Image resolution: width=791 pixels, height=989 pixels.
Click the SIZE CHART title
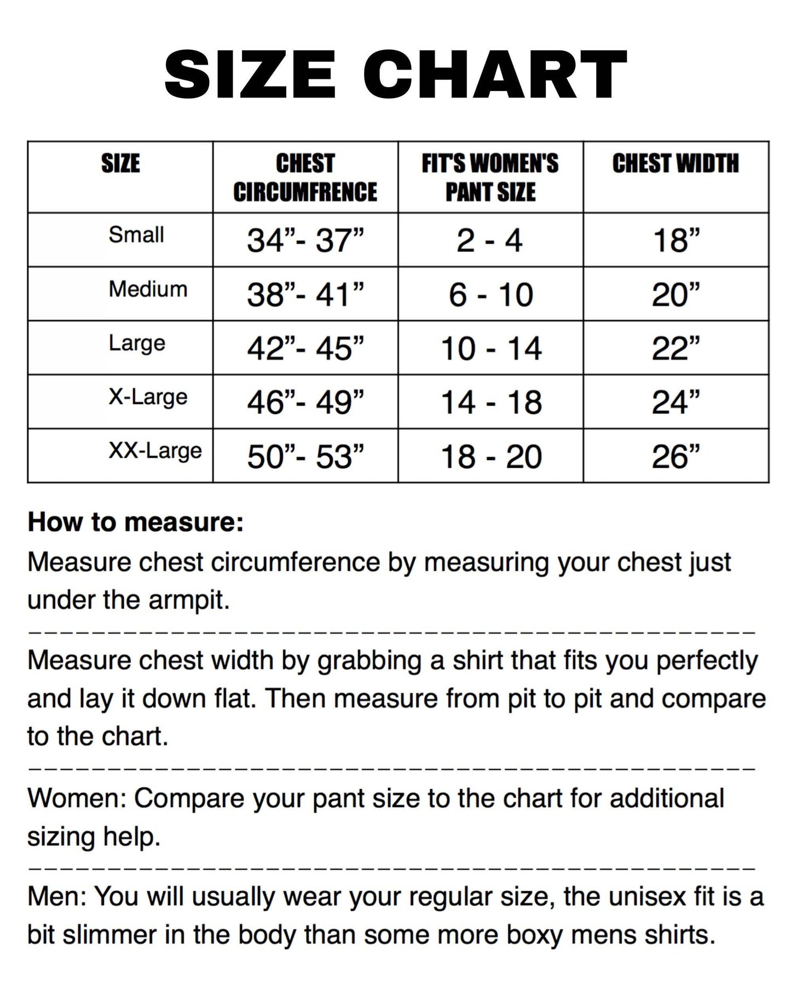(395, 74)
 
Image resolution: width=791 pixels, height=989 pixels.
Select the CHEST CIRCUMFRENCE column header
(305, 178)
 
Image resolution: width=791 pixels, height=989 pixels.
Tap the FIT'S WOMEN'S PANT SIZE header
(490, 178)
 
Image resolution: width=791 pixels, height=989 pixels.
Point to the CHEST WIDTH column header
(675, 164)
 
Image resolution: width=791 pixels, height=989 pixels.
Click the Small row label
(136, 235)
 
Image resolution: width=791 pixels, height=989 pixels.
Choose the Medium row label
(148, 289)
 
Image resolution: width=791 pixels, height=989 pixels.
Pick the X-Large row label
(148, 397)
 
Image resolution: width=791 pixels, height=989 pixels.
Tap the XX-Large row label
(155, 451)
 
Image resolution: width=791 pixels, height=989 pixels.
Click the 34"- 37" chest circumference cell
(305, 240)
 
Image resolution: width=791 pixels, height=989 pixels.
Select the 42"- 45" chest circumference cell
(305, 348)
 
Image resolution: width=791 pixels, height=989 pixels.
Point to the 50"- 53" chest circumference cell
(305, 456)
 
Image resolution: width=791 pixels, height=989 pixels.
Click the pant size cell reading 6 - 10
(490, 295)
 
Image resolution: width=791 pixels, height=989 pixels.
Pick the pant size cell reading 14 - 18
(491, 403)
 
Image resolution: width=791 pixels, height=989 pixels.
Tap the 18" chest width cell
(676, 240)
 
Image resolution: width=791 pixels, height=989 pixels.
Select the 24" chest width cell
(676, 403)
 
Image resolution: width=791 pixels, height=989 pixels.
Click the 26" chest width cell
(676, 456)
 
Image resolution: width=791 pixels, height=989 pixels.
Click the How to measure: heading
(135, 522)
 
